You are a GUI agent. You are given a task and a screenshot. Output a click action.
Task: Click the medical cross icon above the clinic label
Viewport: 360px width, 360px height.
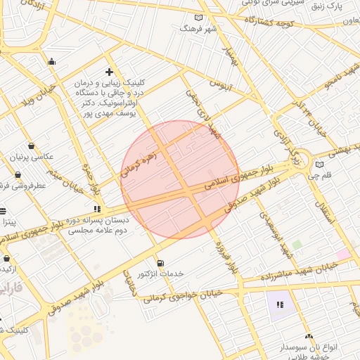[109, 72]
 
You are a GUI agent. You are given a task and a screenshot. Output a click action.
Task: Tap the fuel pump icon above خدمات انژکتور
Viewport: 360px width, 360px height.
[160, 263]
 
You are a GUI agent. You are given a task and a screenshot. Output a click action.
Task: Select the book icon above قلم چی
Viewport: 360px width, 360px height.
[320, 165]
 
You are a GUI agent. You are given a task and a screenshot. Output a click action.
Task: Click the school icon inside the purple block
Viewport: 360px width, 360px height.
[280, 304]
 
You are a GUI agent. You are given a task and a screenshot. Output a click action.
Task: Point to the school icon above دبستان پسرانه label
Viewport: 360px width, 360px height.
[97, 209]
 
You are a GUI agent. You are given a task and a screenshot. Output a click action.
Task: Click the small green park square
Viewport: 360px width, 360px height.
[297, 245]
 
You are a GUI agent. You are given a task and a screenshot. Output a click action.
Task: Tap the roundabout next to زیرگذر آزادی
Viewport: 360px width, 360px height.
[307, 166]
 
